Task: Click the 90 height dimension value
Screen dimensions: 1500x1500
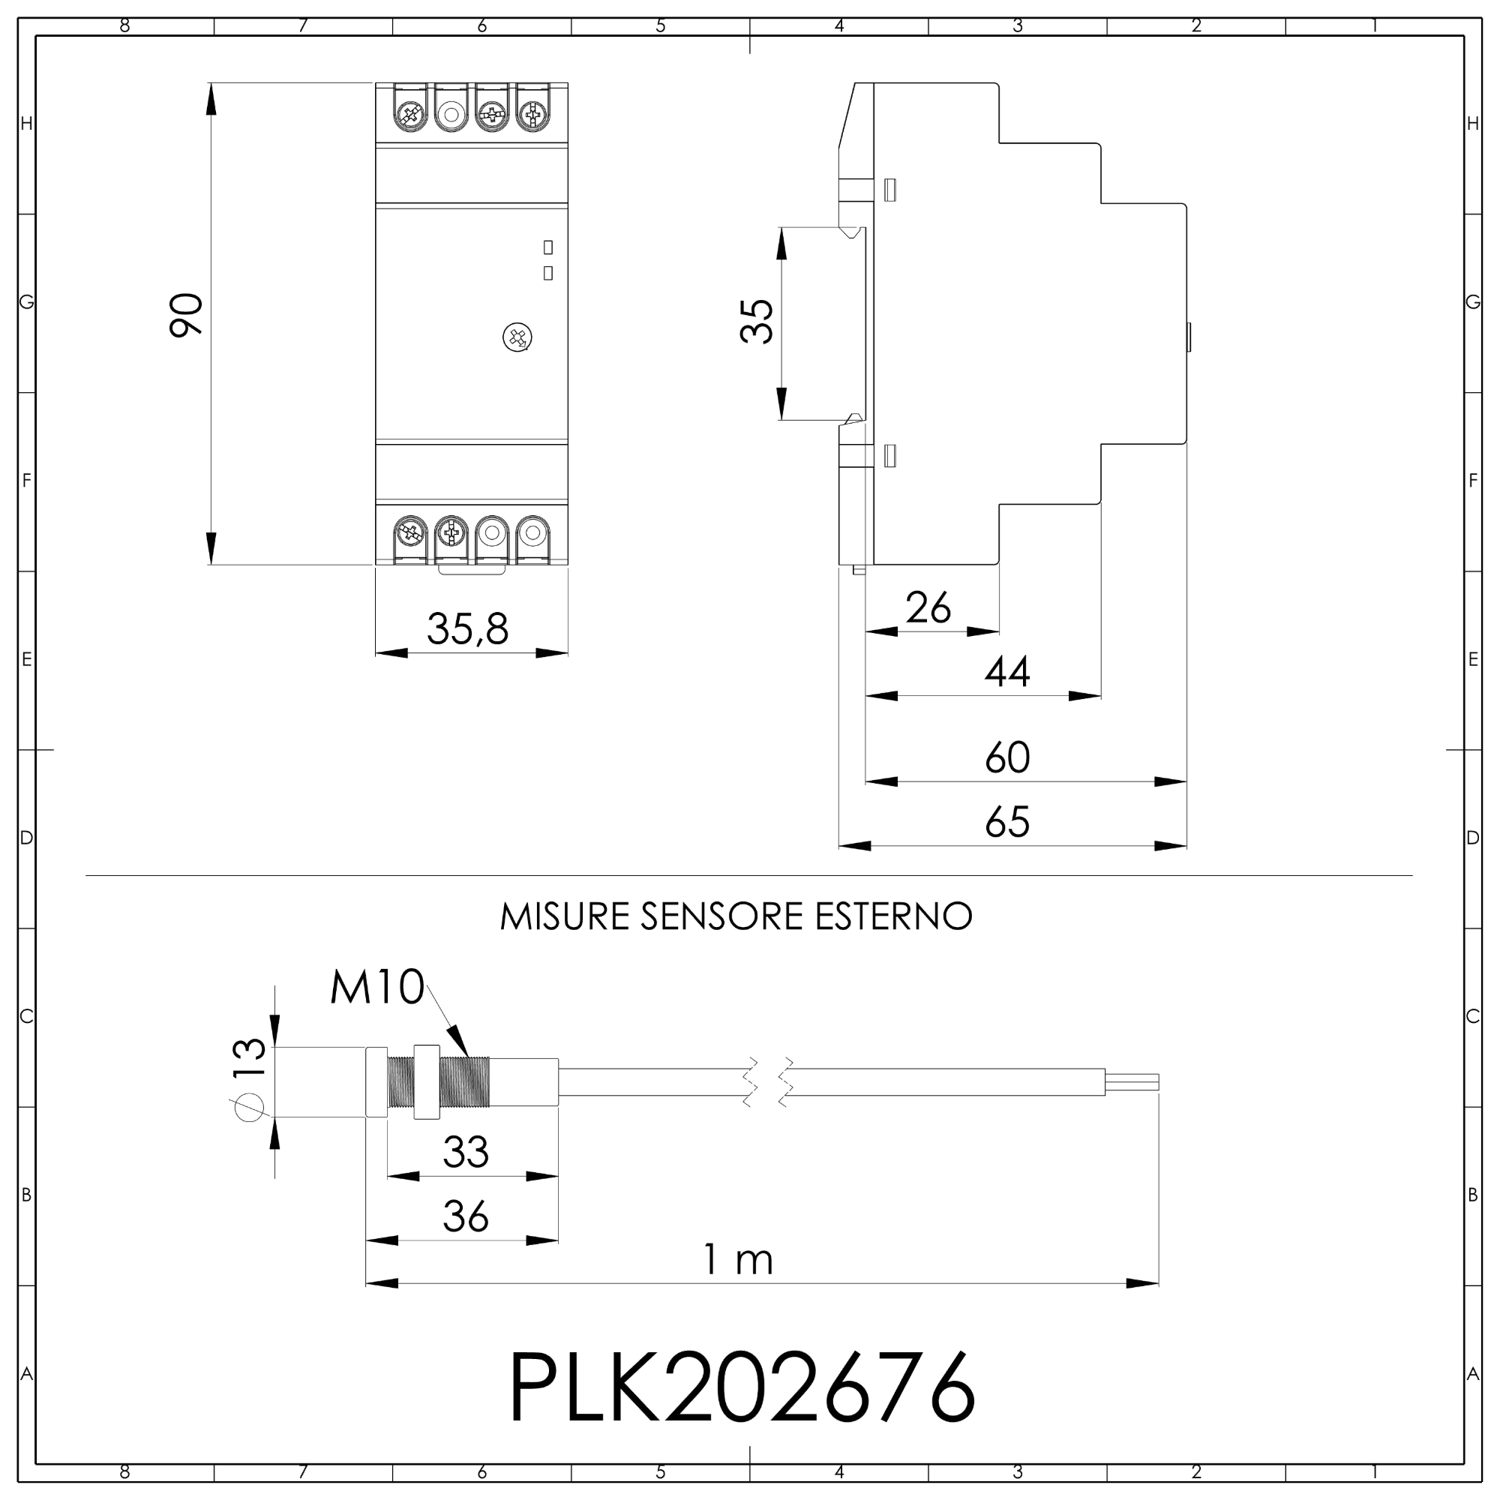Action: (186, 314)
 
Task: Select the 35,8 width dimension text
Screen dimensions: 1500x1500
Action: (468, 629)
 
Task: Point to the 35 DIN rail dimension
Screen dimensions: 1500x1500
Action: (757, 322)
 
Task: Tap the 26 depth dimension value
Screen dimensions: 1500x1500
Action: (928, 608)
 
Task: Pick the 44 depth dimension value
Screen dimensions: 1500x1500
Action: (1008, 672)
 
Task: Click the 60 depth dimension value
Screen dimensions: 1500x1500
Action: (1008, 757)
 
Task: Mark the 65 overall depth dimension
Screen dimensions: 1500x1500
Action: (1008, 822)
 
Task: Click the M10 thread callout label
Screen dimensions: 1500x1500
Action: (377, 988)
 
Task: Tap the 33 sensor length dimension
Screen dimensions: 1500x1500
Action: (466, 1152)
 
